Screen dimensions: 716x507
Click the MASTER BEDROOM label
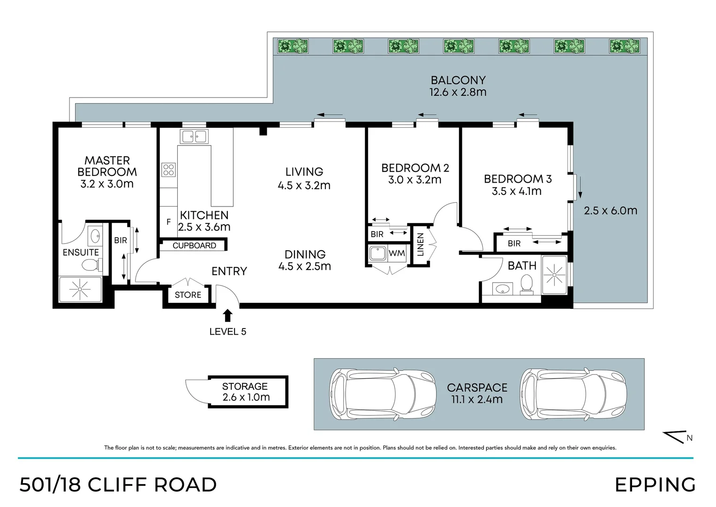click(x=107, y=166)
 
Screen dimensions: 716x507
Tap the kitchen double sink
click(x=194, y=137)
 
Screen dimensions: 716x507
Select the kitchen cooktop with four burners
click(x=168, y=170)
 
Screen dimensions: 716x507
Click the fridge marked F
click(x=168, y=222)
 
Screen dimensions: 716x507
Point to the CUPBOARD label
click(x=194, y=246)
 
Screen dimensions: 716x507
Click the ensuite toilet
click(x=92, y=265)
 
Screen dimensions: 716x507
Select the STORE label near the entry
click(x=188, y=295)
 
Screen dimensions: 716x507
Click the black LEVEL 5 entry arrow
click(x=227, y=315)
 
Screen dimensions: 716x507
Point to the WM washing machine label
click(x=397, y=253)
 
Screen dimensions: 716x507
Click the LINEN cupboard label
click(x=420, y=245)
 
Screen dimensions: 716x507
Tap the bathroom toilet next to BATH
click(x=527, y=284)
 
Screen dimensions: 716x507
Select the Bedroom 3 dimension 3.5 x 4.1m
click(x=517, y=191)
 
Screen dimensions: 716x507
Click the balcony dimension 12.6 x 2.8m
click(x=458, y=92)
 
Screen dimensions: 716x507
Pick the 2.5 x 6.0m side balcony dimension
click(x=610, y=211)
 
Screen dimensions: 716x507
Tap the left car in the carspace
click(x=383, y=393)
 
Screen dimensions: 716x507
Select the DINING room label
click(x=305, y=254)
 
